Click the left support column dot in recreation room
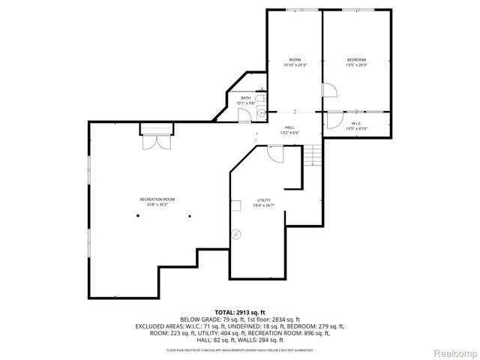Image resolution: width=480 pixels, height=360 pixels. (137, 216)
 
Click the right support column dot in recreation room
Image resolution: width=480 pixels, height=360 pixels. (190, 216)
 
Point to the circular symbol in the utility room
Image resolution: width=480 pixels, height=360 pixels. (238, 234)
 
